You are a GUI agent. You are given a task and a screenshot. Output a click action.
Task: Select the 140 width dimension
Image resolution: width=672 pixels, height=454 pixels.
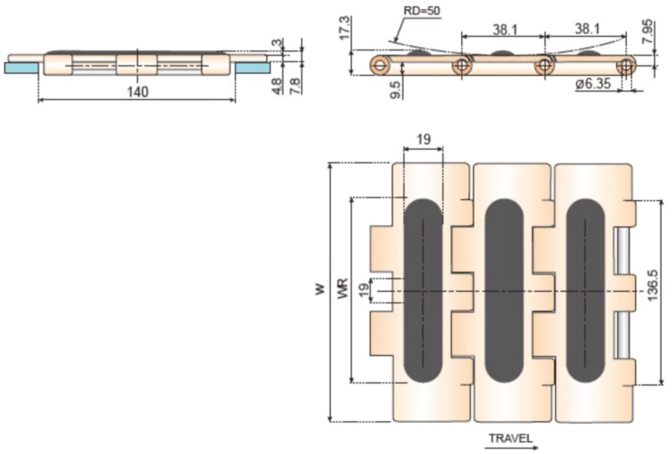137,92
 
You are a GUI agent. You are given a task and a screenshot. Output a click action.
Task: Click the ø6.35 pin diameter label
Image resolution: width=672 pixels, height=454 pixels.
596,85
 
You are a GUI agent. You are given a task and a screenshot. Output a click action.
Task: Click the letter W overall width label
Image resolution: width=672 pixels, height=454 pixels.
319,290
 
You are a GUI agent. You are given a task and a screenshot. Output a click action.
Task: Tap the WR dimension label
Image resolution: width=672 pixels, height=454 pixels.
342,290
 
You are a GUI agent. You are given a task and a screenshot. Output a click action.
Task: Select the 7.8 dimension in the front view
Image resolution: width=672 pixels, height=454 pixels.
293,85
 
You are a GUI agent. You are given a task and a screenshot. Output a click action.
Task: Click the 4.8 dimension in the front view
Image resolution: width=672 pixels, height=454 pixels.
278,85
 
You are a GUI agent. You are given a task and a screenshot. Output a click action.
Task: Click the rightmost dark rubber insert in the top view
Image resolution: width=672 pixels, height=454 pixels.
585,290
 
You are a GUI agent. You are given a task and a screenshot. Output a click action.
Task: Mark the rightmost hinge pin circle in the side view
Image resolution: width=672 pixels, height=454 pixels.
624,65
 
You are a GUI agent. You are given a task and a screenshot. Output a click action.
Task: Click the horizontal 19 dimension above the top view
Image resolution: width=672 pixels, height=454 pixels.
423,140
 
